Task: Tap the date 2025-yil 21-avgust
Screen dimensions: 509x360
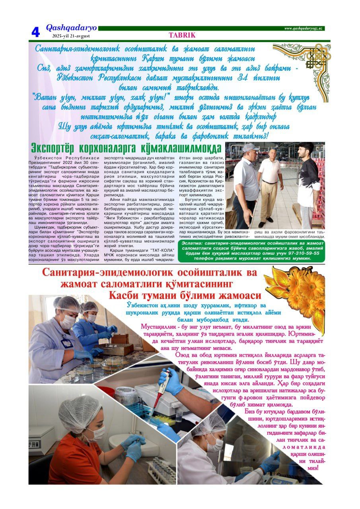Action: coord(71,36)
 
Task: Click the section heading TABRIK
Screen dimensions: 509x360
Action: coord(182,35)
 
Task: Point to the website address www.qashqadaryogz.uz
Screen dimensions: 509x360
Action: coord(304,28)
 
